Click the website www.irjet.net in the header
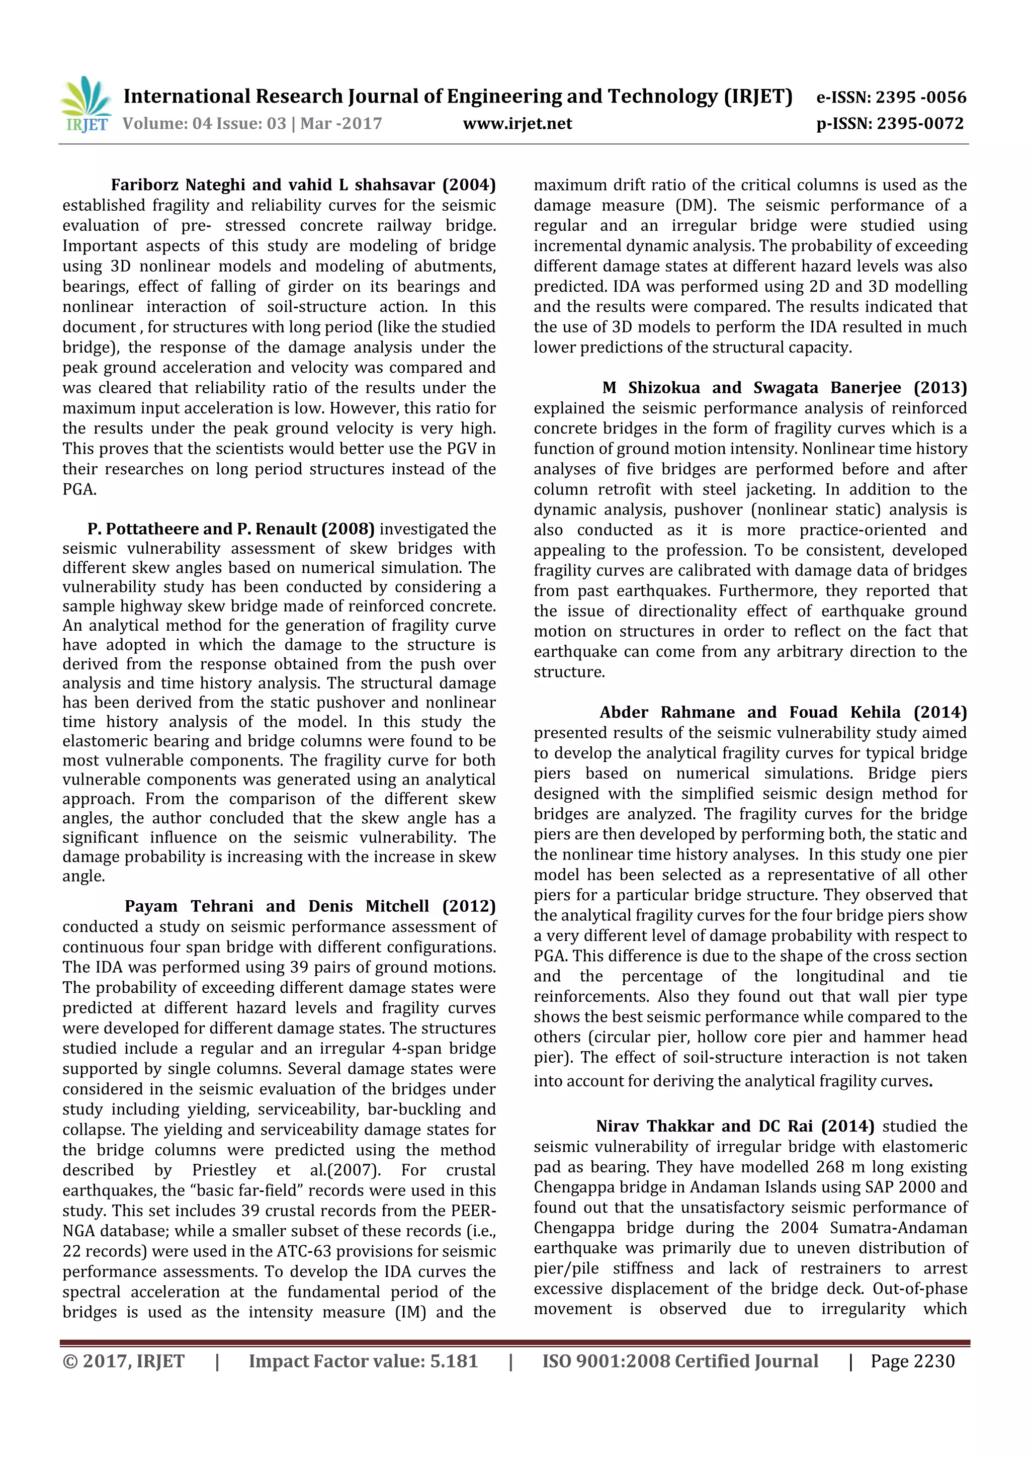click(517, 124)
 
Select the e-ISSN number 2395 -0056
click(921, 97)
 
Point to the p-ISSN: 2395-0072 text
click(890, 124)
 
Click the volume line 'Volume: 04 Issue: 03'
click(204, 124)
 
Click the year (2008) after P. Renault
click(348, 529)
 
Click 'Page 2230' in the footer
click(912, 1360)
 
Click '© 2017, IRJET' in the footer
click(123, 1360)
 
